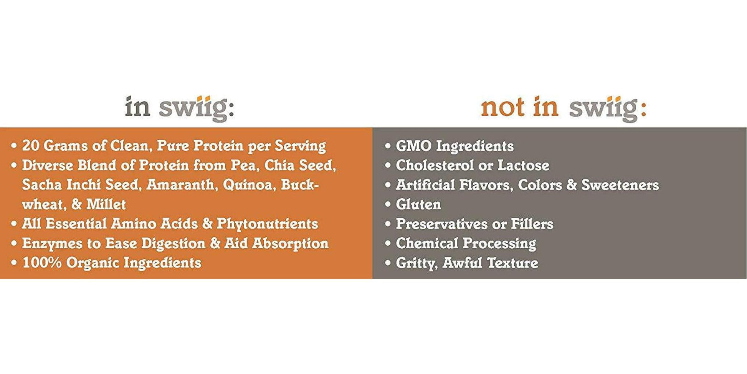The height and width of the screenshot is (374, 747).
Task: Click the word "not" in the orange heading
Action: [502, 107]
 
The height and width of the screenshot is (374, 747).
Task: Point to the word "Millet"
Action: [106, 204]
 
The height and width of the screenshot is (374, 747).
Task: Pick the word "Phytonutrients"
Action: [267, 224]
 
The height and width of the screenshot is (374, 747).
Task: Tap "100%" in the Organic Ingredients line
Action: [42, 263]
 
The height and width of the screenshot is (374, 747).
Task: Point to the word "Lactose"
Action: [524, 165]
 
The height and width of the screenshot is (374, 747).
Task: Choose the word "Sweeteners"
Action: [620, 185]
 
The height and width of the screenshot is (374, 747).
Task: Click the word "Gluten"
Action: [418, 204]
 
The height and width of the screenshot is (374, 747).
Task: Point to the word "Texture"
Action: [512, 263]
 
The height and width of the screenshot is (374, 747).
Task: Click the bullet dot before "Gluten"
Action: [388, 204]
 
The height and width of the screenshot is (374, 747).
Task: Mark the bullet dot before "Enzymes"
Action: [14, 244]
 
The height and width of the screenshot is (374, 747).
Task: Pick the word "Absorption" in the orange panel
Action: [290, 244]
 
